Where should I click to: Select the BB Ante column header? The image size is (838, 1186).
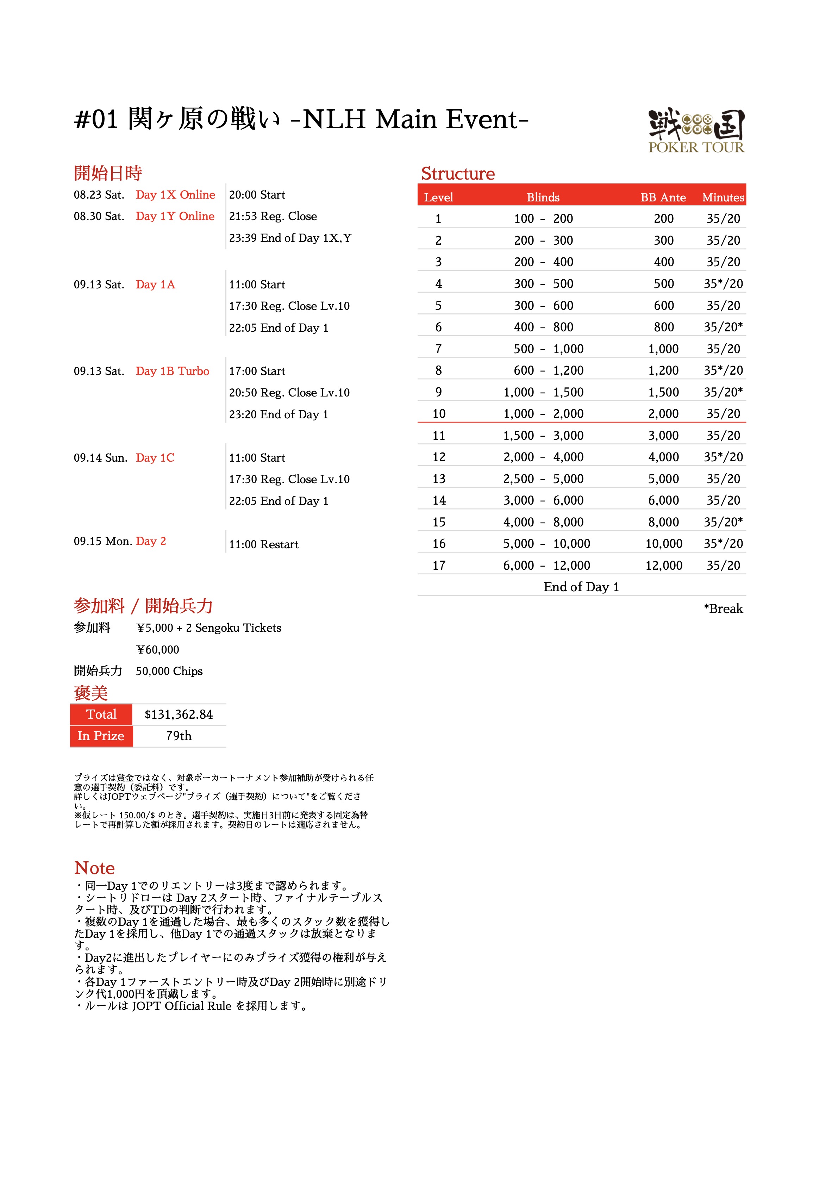(x=663, y=197)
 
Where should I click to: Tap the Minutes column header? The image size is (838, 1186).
(x=723, y=197)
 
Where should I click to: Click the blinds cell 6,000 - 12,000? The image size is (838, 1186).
(x=546, y=565)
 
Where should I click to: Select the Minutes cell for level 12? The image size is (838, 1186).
(x=723, y=457)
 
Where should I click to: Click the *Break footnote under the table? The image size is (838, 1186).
(x=723, y=608)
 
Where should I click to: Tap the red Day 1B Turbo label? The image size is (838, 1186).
(x=173, y=371)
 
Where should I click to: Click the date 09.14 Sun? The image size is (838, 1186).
(x=100, y=458)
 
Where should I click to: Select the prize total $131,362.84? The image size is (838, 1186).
(x=179, y=714)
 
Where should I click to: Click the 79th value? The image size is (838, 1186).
(x=179, y=736)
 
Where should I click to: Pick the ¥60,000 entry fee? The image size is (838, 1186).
(x=158, y=650)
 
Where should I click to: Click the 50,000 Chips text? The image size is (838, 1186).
(x=169, y=671)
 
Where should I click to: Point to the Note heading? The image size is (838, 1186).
(x=95, y=868)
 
